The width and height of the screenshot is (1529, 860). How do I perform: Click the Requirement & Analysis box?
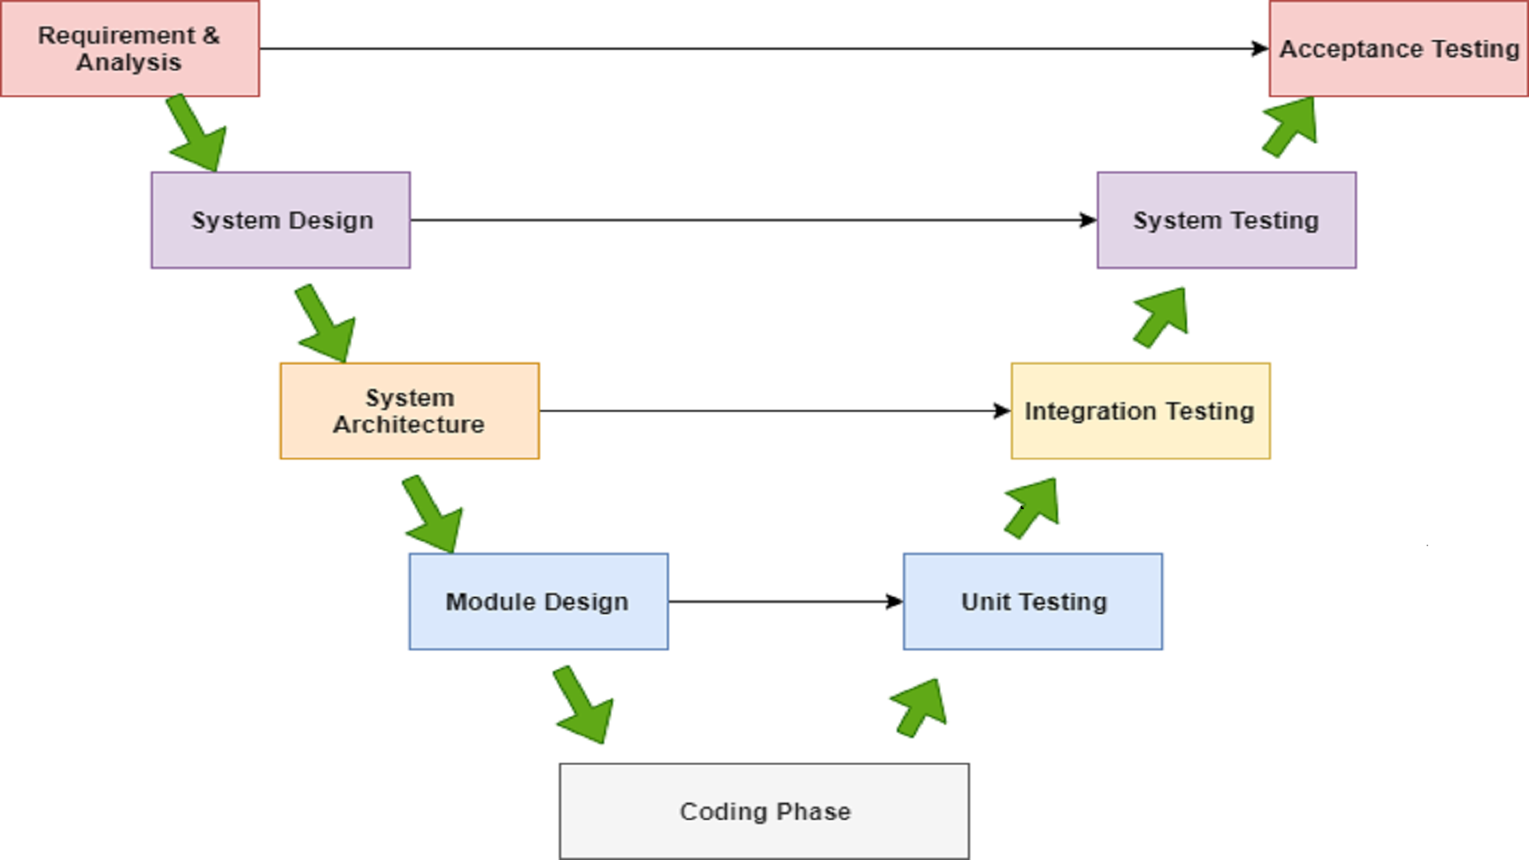click(x=130, y=49)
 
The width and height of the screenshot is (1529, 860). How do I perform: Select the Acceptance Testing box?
click(x=1398, y=49)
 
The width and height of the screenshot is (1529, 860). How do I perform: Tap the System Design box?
click(x=281, y=220)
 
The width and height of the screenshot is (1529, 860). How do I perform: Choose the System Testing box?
click(x=1227, y=220)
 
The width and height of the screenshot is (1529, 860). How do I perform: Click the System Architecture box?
click(x=409, y=411)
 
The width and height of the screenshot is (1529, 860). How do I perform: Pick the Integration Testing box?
click(x=1140, y=411)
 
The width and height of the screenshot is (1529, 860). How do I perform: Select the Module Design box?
click(x=538, y=602)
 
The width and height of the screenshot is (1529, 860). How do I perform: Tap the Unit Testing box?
click(x=1033, y=602)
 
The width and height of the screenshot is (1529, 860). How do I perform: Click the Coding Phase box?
click(x=764, y=811)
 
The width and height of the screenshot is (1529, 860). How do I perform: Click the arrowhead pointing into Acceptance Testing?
click(x=1260, y=49)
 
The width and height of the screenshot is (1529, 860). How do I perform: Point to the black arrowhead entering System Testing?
click(x=1088, y=220)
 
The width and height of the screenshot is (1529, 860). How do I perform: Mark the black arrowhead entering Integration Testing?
click(x=1002, y=411)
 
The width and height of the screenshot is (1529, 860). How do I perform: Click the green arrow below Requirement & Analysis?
click(x=197, y=134)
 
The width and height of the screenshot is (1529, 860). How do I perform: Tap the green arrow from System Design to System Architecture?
click(x=326, y=325)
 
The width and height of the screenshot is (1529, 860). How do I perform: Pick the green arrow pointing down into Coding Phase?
click(x=584, y=706)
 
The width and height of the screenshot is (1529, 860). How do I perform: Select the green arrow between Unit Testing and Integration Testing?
click(x=1033, y=507)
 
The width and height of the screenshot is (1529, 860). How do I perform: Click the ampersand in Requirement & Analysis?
click(x=211, y=35)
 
